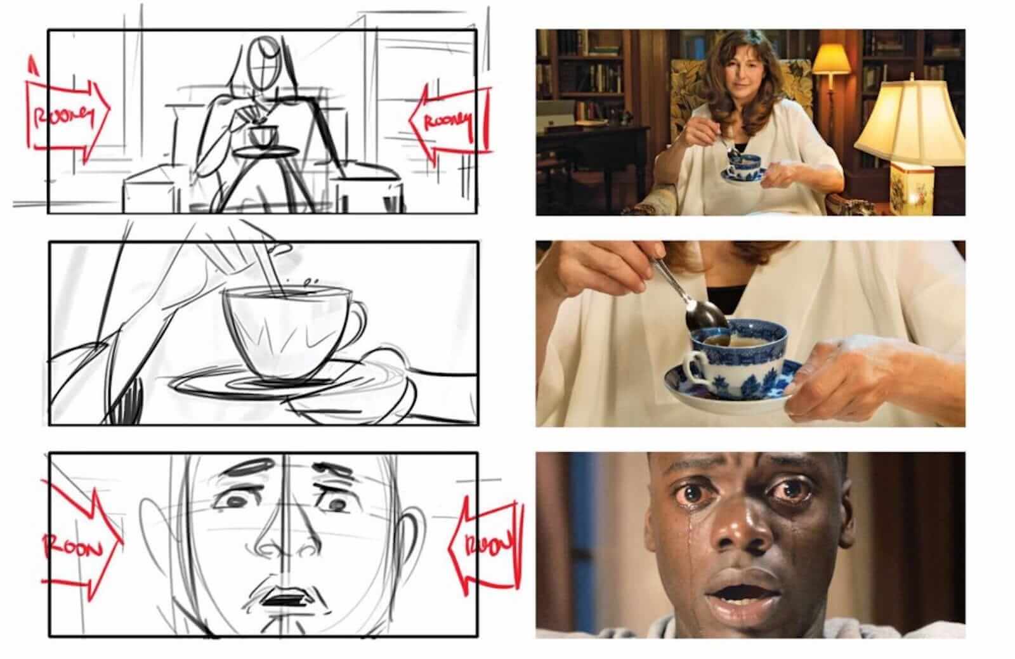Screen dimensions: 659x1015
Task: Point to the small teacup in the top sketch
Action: click(263, 135)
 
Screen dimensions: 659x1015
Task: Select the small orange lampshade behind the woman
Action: click(830, 60)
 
